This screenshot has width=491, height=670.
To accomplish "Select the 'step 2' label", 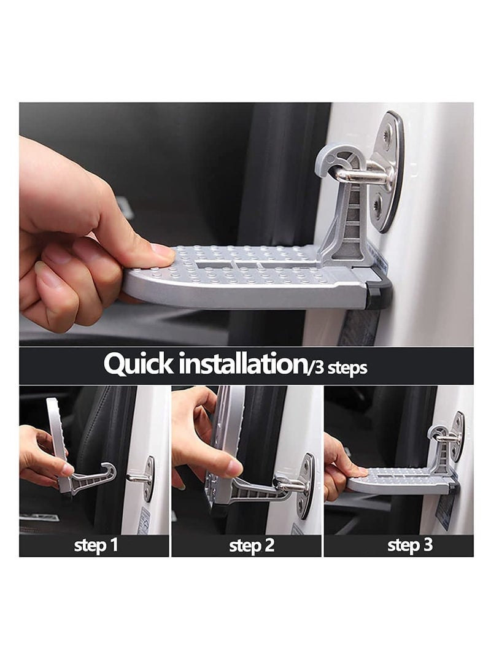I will tap(252, 545).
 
